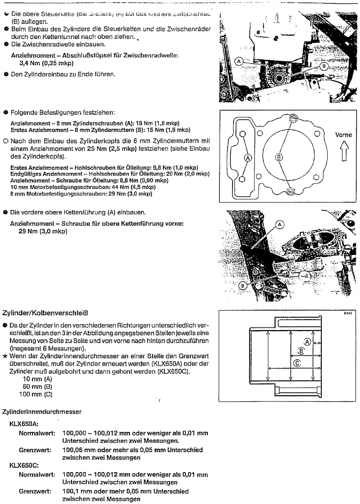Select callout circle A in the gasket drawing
247,157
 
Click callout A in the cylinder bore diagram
308,342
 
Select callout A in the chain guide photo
279,223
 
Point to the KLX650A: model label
22,423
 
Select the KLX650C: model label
22,466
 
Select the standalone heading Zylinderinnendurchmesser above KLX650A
42,411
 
